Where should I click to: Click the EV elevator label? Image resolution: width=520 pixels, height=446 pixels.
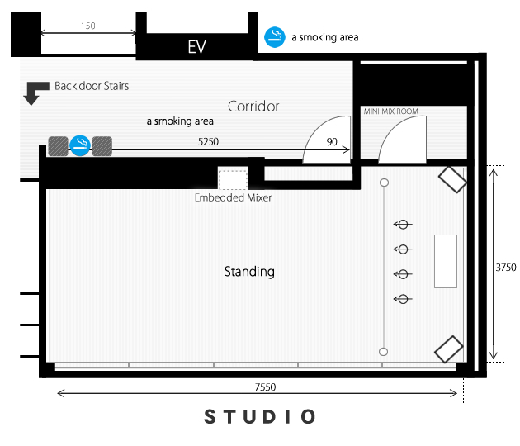pyautogui.click(x=197, y=46)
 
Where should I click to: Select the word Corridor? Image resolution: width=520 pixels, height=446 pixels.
pyautogui.click(x=253, y=107)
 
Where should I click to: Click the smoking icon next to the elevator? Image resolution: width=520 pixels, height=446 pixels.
pyautogui.click(x=275, y=37)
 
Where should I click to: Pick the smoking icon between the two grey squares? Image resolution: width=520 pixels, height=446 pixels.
pyautogui.click(x=80, y=145)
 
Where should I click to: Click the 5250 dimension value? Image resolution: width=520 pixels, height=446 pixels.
pyautogui.click(x=208, y=142)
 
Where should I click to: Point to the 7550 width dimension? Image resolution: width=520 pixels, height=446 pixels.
pyautogui.click(x=265, y=387)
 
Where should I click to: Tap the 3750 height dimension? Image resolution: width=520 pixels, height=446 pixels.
pyautogui.click(x=506, y=268)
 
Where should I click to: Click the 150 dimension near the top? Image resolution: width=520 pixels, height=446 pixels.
pyautogui.click(x=87, y=26)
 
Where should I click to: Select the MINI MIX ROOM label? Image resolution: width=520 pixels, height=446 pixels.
pyautogui.click(x=390, y=111)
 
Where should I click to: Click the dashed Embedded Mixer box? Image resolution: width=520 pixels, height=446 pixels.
pyautogui.click(x=233, y=179)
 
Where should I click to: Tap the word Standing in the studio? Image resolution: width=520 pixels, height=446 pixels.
pyautogui.click(x=249, y=272)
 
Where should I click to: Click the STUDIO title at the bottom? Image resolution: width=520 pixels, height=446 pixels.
pyautogui.click(x=260, y=417)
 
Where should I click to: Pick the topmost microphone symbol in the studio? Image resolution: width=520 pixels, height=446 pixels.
pyautogui.click(x=403, y=225)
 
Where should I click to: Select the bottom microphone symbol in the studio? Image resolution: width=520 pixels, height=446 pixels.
pyautogui.click(x=403, y=299)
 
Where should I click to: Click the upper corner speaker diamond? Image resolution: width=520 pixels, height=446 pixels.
pyautogui.click(x=452, y=179)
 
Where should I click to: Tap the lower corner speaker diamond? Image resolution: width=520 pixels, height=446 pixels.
pyautogui.click(x=449, y=349)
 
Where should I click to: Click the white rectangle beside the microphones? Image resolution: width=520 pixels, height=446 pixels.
pyautogui.click(x=446, y=261)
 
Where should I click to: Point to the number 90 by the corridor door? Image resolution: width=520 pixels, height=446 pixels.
pyautogui.click(x=332, y=142)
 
